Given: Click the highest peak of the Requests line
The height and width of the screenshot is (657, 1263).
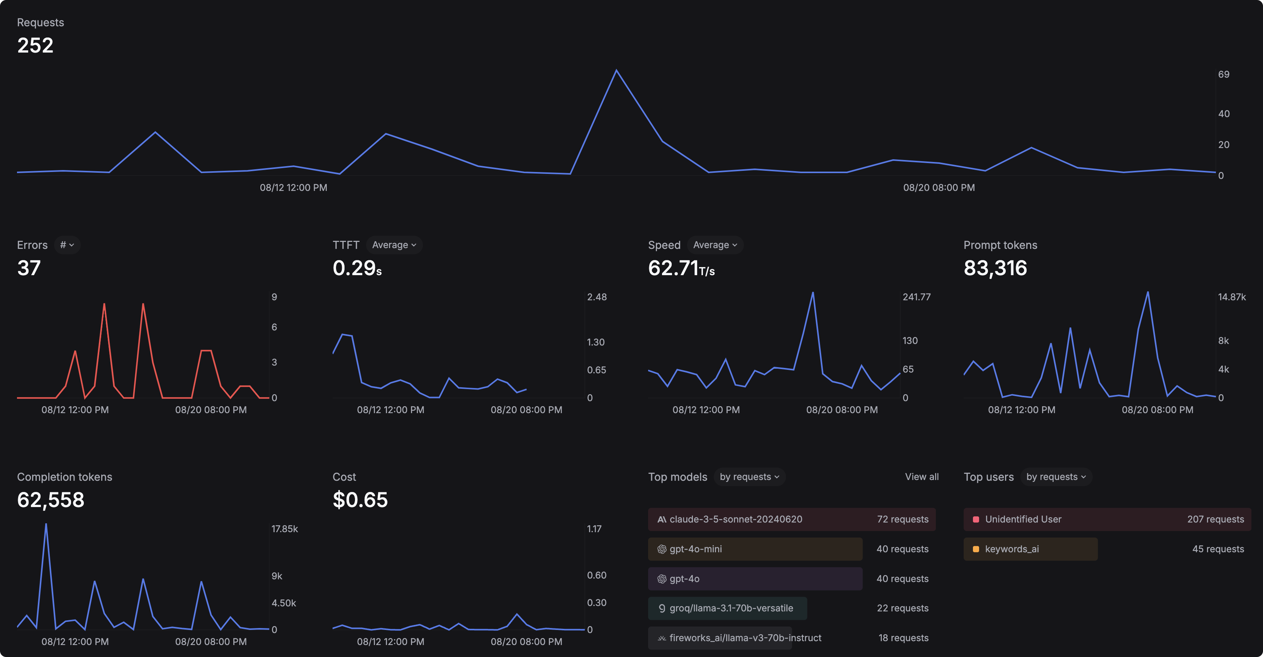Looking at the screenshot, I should pos(616,71).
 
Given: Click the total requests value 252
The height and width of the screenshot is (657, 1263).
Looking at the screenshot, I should pos(35,46).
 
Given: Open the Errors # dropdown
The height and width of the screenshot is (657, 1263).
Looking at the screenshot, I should pos(67,245).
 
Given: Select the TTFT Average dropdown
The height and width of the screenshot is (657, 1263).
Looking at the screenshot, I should pos(394,245).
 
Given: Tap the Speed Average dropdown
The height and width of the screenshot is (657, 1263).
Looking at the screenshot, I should pos(715,245).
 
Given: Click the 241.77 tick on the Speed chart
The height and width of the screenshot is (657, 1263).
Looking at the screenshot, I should pos(917,297).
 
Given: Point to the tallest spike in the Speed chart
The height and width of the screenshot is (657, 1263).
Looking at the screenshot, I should pos(812,293).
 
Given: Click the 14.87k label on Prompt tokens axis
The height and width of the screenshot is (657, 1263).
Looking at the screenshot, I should pos(1232,297).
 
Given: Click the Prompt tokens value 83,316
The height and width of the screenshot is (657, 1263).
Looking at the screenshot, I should pos(995,268).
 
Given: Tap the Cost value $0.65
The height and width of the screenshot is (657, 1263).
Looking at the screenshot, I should pos(360,500).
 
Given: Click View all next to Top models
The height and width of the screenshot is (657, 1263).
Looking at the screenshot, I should pos(922,477).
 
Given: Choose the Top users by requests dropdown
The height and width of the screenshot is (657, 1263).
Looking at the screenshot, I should pos(1056,477).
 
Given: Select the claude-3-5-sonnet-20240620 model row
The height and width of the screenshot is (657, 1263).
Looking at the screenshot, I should pos(735,519).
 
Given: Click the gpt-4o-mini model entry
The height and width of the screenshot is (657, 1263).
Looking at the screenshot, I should pos(695,549).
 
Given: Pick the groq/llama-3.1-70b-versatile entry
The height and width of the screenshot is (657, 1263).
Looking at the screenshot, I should pos(730,608).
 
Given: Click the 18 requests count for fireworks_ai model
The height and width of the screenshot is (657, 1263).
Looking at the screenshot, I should pos(903,638).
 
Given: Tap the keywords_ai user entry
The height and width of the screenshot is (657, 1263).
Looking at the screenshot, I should pos(1012,549).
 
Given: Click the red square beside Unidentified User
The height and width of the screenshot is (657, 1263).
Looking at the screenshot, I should pos(976,519).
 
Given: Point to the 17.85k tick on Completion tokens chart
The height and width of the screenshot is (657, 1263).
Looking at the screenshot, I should pos(284,529).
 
